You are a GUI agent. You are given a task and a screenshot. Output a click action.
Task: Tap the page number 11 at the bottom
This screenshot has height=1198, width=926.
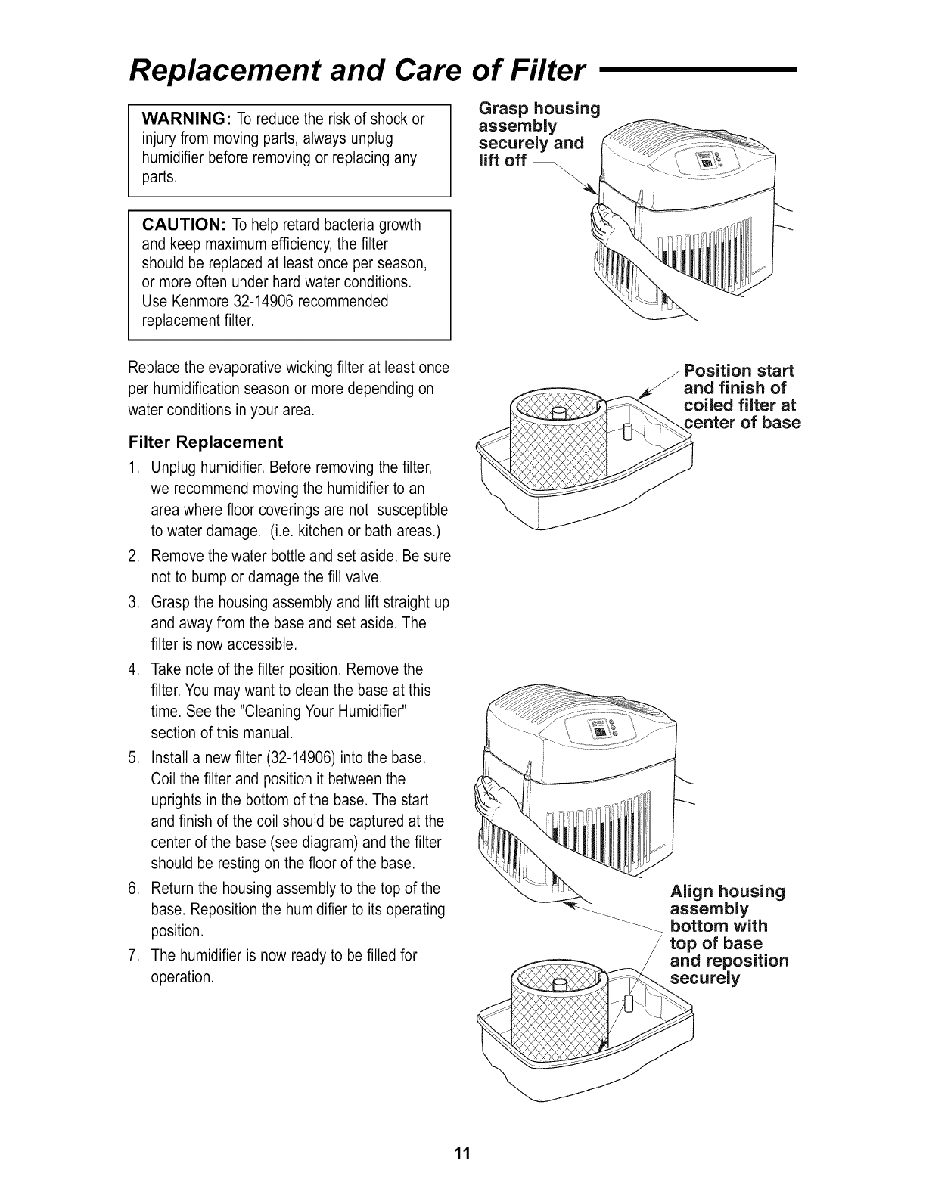click(x=462, y=1153)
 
